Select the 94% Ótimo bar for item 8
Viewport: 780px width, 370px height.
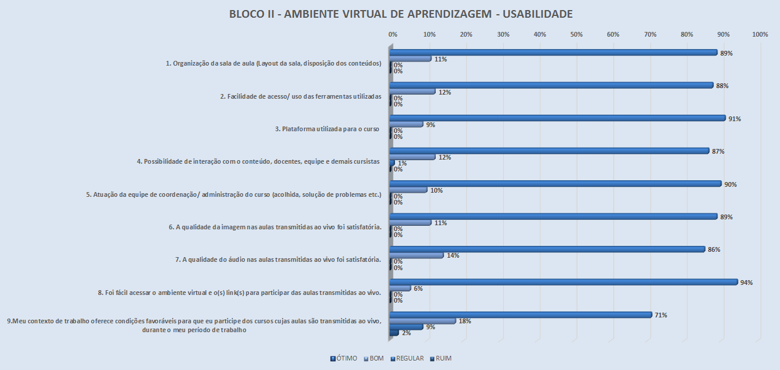coord(564,282)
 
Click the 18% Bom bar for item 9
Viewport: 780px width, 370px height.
coord(423,321)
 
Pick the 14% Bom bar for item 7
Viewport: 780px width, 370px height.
coord(417,255)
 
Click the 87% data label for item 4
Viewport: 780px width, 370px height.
coord(718,151)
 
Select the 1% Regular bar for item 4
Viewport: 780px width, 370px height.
coord(392,163)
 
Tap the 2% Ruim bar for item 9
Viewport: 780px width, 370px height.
coord(394,333)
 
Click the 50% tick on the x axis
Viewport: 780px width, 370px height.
coord(576,35)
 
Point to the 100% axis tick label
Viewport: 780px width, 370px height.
coord(760,35)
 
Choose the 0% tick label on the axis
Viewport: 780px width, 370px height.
coord(393,35)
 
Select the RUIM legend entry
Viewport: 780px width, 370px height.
coord(443,358)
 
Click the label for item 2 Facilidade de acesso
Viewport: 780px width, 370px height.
coord(305,96)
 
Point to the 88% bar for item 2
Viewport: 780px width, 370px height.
coord(552,85)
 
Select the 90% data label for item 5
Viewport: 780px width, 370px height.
coord(731,184)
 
